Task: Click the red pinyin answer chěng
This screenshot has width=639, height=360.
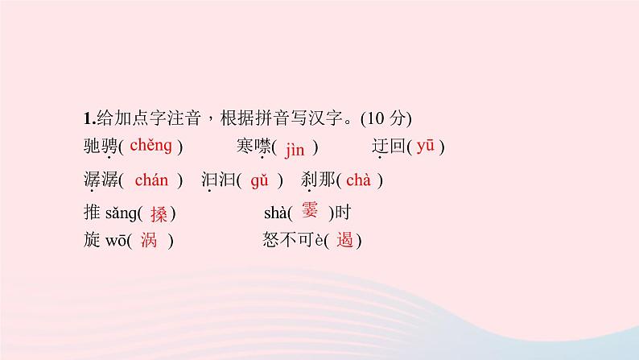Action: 150,146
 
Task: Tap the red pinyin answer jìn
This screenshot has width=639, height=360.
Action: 295,147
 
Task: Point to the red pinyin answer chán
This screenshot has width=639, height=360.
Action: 151,180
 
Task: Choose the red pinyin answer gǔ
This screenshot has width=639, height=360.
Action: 258,180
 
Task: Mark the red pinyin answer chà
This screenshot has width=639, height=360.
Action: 358,180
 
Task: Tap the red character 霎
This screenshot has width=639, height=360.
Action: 309,211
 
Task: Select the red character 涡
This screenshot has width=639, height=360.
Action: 149,240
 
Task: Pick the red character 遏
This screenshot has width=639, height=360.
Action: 345,240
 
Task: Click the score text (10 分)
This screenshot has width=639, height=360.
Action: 385,118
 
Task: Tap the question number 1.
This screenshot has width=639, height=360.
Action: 86,118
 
